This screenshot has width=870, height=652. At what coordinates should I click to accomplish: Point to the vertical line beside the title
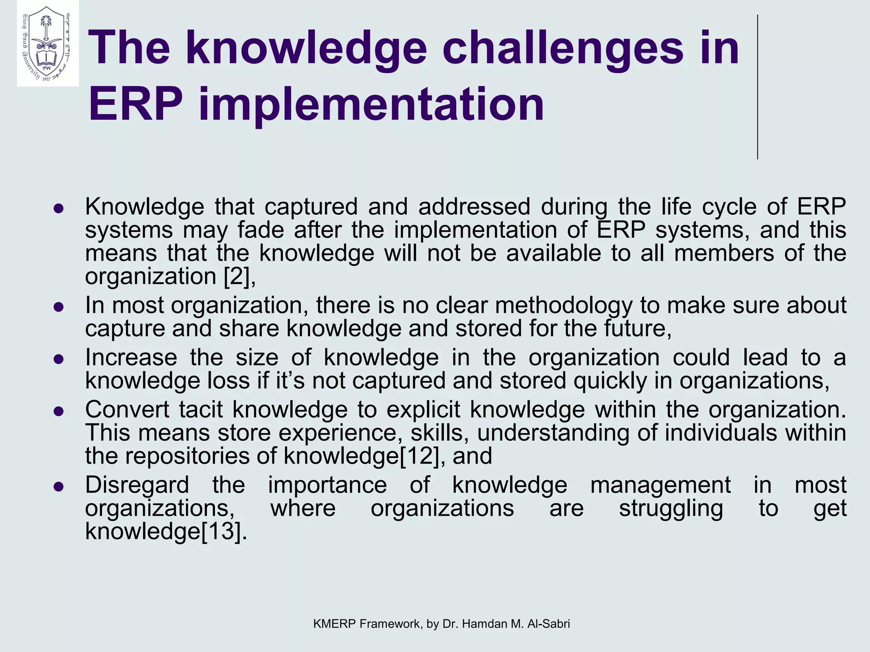point(757,87)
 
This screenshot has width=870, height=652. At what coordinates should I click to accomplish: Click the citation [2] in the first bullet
point(236,276)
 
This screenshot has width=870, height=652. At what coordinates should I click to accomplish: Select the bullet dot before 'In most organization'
point(59,307)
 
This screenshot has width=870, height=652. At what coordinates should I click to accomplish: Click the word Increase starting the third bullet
point(131,357)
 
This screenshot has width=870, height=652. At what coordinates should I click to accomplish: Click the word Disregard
point(137,485)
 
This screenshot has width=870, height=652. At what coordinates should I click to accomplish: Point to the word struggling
point(671,508)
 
